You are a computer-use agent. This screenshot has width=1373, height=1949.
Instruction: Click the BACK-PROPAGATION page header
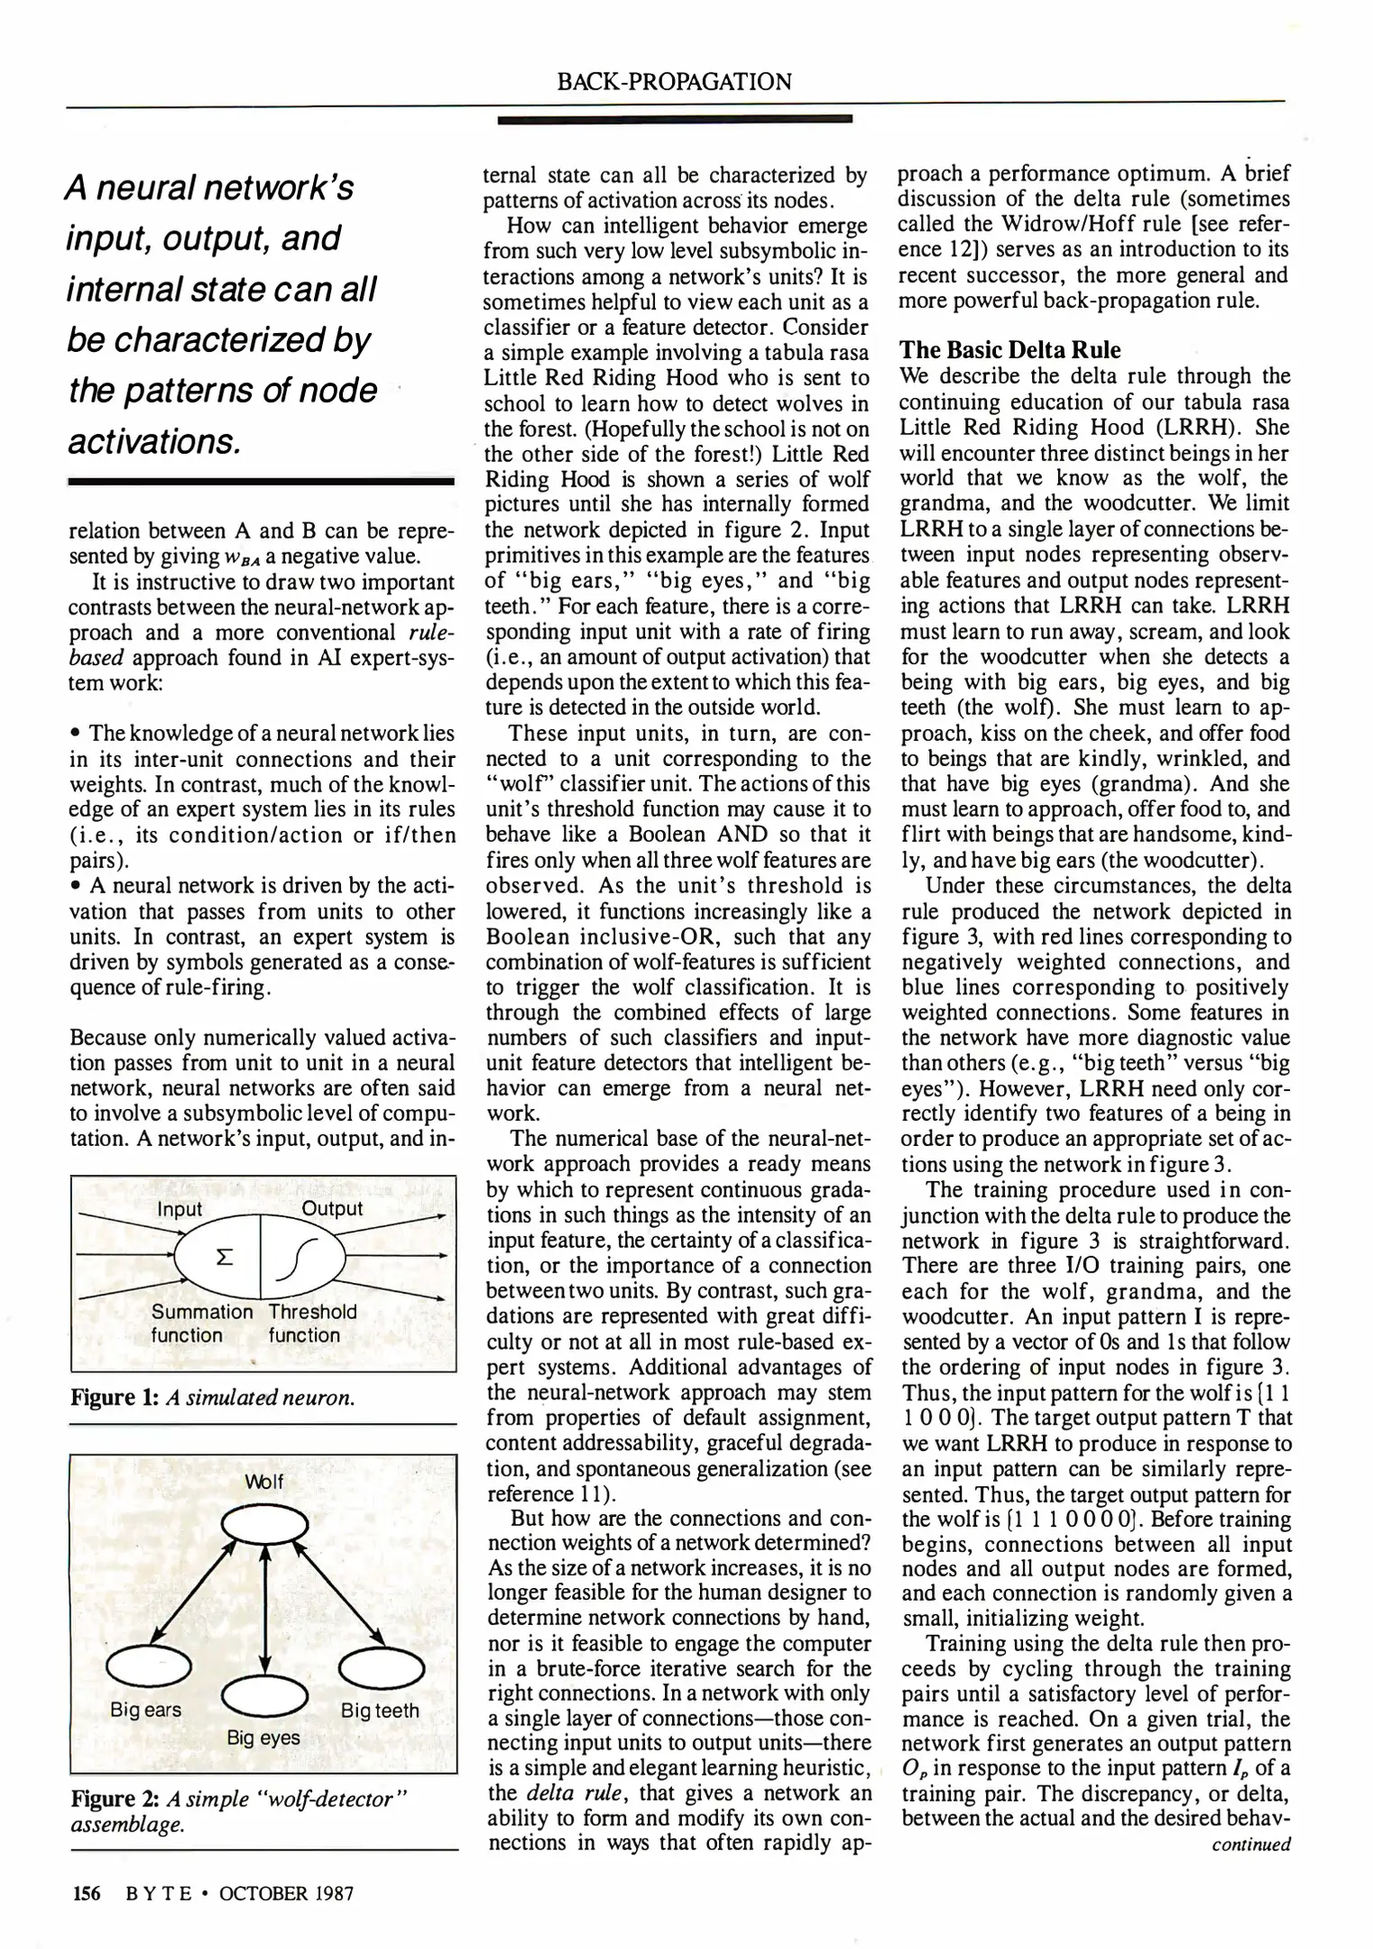674,82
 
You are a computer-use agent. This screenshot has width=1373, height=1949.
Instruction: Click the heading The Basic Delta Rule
1009,350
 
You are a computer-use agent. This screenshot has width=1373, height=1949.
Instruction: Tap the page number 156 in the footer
87,1892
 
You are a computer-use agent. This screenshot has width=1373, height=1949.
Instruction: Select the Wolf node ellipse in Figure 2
265,1526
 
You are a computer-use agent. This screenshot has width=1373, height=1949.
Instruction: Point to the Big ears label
145,1709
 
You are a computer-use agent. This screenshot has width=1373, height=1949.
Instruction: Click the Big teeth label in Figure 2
380,1710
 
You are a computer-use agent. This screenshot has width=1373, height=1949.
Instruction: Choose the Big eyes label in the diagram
263,1737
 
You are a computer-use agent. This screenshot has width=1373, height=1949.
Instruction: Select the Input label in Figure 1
180,1209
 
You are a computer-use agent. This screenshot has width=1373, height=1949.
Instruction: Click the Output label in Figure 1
332,1208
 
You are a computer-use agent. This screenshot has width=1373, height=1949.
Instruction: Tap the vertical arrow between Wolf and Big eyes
264,1606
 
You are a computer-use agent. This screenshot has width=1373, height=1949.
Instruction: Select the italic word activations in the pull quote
153,441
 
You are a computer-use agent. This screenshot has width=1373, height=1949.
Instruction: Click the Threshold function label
312,1324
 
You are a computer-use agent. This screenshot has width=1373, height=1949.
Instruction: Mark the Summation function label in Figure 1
201,1324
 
